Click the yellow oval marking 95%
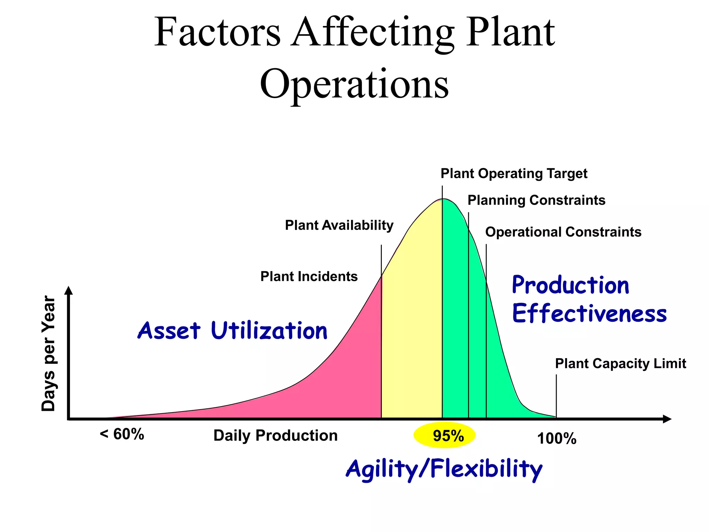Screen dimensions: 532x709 (445, 435)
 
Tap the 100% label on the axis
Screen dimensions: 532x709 (557, 439)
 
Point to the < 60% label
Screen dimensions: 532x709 (122, 434)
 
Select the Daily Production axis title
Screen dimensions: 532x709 (275, 435)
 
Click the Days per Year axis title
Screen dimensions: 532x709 (48, 354)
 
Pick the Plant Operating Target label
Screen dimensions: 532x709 (514, 174)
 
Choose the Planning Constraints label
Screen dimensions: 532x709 (536, 200)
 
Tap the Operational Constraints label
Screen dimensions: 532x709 (563, 232)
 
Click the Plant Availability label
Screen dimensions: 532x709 (339, 225)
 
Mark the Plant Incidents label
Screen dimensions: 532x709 (309, 276)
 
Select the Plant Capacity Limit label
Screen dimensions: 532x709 (620, 364)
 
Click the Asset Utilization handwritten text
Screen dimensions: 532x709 (233, 330)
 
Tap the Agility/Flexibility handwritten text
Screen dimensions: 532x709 (444, 469)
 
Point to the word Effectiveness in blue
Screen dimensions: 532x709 (589, 313)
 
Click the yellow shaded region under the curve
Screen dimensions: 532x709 (412, 329)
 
